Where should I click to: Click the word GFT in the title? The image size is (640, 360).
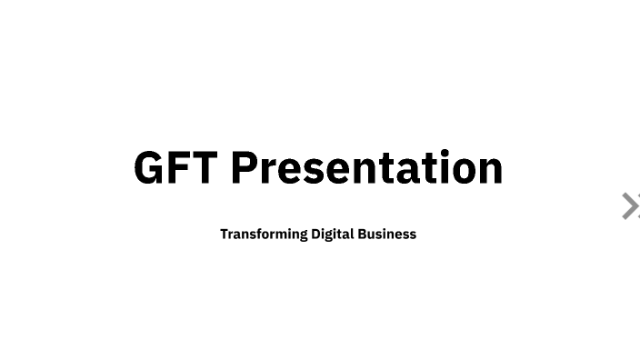(176, 168)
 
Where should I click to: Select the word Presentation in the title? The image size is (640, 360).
(366, 168)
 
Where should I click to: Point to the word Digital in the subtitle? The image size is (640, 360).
(332, 234)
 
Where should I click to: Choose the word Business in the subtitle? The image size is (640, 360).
(386, 234)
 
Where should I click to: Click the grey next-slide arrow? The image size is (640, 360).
(630, 206)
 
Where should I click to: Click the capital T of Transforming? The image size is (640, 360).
(225, 234)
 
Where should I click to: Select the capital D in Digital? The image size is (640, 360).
(316, 234)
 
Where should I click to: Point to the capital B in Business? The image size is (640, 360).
(362, 234)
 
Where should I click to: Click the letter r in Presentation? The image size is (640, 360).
(271, 170)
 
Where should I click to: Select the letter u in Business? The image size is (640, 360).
(372, 235)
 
